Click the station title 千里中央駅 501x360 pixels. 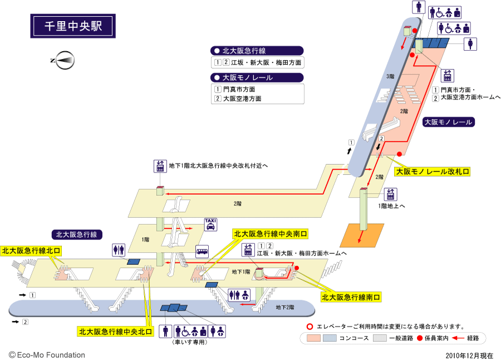coord(72,26)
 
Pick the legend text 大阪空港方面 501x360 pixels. coord(243,98)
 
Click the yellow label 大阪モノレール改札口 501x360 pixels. coord(433,172)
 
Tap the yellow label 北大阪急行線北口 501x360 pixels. coord(31,251)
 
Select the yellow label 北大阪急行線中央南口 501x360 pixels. coord(271,234)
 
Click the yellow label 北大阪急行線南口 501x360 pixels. coord(351,298)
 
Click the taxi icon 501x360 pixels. coord(211,225)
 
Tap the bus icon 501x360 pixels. coord(202,251)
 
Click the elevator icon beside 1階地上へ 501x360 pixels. coord(391,194)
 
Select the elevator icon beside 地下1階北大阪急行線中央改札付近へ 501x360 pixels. coord(160,166)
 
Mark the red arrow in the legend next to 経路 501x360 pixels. coord(458,338)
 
